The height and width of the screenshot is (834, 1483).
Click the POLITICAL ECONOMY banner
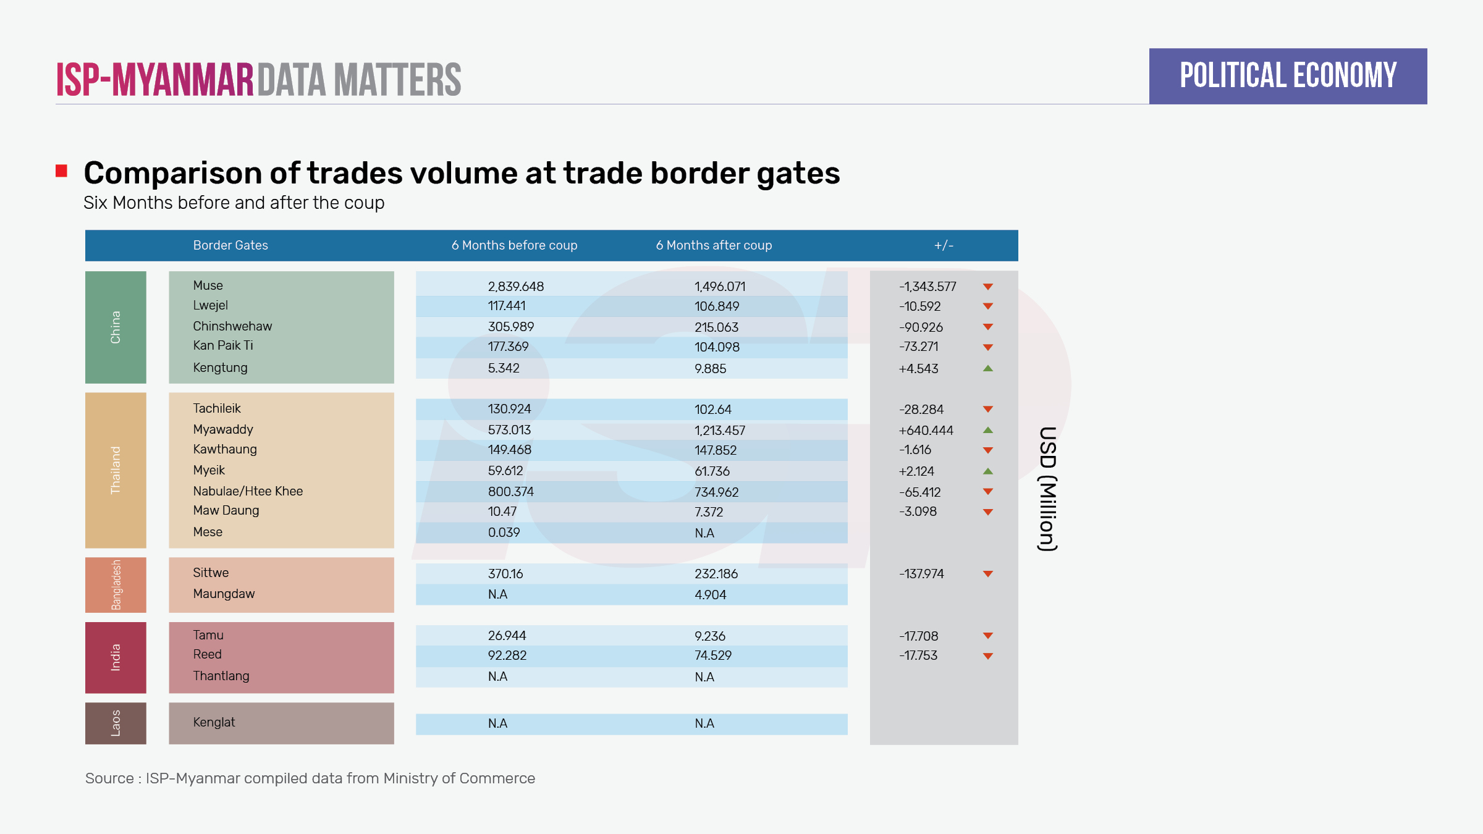(x=1288, y=76)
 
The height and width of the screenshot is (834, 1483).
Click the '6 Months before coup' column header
(x=514, y=245)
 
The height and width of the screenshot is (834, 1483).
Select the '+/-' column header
(x=944, y=245)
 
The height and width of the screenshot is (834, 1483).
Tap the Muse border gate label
(x=208, y=285)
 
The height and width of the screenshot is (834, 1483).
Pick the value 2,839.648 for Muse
(x=515, y=287)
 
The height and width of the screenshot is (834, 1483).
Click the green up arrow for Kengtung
(x=987, y=368)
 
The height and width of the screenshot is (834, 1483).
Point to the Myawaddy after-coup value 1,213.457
(x=719, y=431)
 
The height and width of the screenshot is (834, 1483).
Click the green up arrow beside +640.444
(x=987, y=430)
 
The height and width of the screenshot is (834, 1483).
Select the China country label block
(x=116, y=327)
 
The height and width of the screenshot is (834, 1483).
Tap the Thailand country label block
(x=116, y=470)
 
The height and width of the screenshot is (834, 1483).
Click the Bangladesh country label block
(x=116, y=584)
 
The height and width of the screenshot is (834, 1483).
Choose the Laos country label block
(x=116, y=723)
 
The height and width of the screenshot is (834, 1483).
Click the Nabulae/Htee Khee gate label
(x=248, y=491)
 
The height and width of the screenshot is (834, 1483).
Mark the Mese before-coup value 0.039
(x=504, y=533)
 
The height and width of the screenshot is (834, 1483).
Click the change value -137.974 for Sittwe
(x=921, y=574)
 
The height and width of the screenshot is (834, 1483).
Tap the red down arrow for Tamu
(x=987, y=636)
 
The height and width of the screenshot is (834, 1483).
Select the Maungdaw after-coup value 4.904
(x=710, y=595)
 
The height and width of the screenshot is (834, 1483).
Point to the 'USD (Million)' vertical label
(x=1047, y=488)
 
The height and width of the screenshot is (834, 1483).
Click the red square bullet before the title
(x=61, y=171)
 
